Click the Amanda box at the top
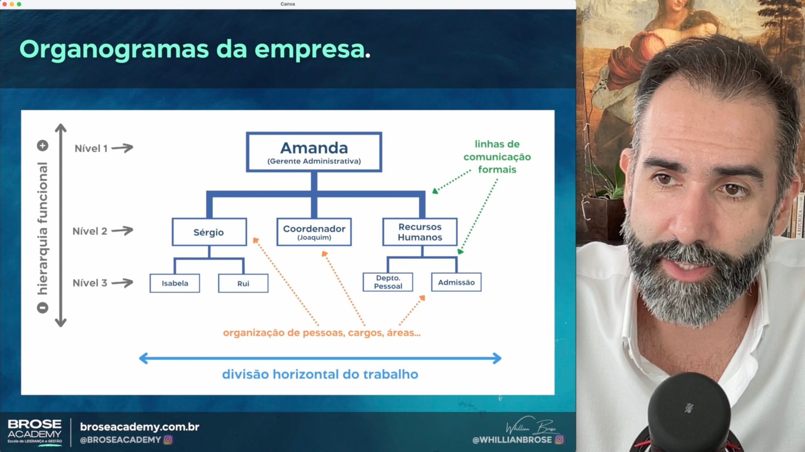[314, 152]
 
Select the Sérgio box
[209, 232]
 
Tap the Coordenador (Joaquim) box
[314, 232]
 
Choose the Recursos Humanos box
[420, 232]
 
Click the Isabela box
[175, 283]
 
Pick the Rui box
[243, 283]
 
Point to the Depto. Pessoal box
[388, 282]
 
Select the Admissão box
[456, 282]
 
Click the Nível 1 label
[91, 148]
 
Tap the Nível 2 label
[90, 231]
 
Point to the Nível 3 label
[90, 283]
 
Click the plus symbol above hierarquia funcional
[42, 145]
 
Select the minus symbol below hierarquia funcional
[42, 308]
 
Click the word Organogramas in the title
[114, 50]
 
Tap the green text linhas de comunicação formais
[497, 157]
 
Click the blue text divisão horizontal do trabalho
[320, 374]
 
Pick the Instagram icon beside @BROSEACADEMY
[168, 439]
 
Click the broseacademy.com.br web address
[139, 427]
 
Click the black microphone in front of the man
[689, 414]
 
